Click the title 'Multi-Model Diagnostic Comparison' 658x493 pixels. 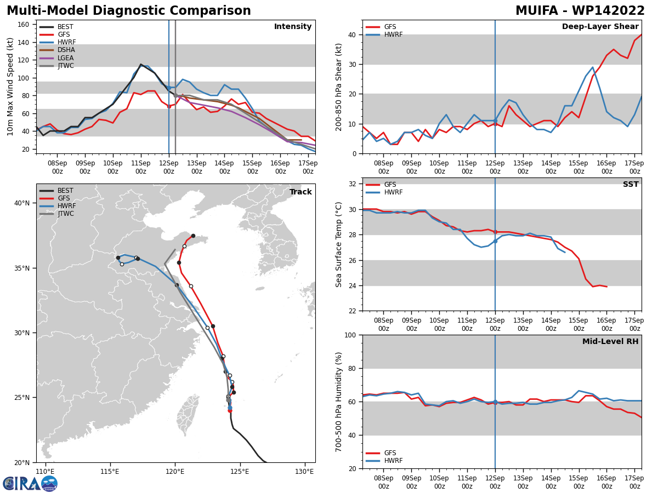click(x=128, y=11)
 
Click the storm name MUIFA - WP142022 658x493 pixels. click(x=580, y=11)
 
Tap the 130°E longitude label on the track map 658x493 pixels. click(x=304, y=472)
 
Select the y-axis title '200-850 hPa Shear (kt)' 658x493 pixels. click(x=339, y=87)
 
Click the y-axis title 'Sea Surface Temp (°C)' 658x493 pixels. click(x=339, y=244)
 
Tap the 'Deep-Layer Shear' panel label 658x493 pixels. click(x=600, y=27)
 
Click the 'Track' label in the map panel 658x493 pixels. click(x=300, y=192)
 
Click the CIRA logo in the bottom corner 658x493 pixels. click(x=30, y=483)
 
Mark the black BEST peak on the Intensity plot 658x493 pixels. click(x=141, y=65)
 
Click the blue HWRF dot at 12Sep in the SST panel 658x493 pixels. click(x=495, y=241)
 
